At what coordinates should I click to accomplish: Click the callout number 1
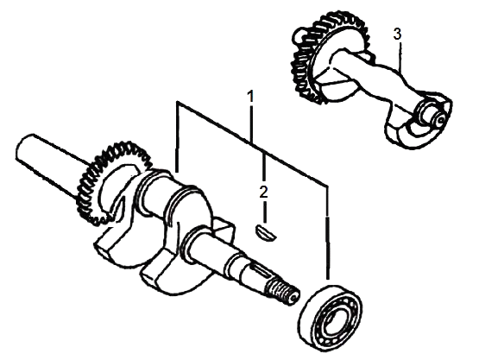pyautogui.click(x=250, y=97)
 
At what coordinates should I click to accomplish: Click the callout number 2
pyautogui.click(x=263, y=192)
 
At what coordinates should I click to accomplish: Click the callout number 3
pyautogui.click(x=397, y=35)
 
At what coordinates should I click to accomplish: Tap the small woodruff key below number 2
pyautogui.click(x=265, y=231)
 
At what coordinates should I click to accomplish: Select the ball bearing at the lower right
pyautogui.click(x=330, y=318)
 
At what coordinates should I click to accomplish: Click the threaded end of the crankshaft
pyautogui.click(x=281, y=292)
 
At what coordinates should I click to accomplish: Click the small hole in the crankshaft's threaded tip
pyautogui.click(x=294, y=297)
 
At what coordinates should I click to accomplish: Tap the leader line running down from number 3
pyautogui.click(x=400, y=57)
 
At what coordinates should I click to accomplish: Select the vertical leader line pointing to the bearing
pyautogui.click(x=328, y=231)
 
